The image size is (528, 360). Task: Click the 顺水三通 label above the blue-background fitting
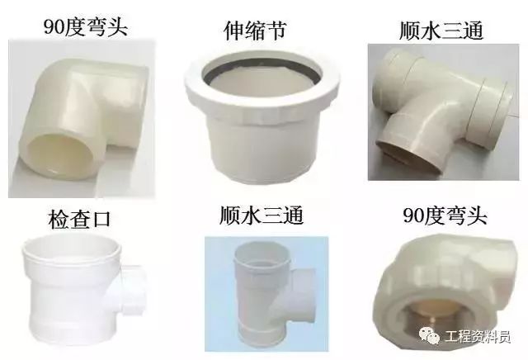coord(262,216)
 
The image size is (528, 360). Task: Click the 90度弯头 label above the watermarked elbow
coord(446,216)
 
